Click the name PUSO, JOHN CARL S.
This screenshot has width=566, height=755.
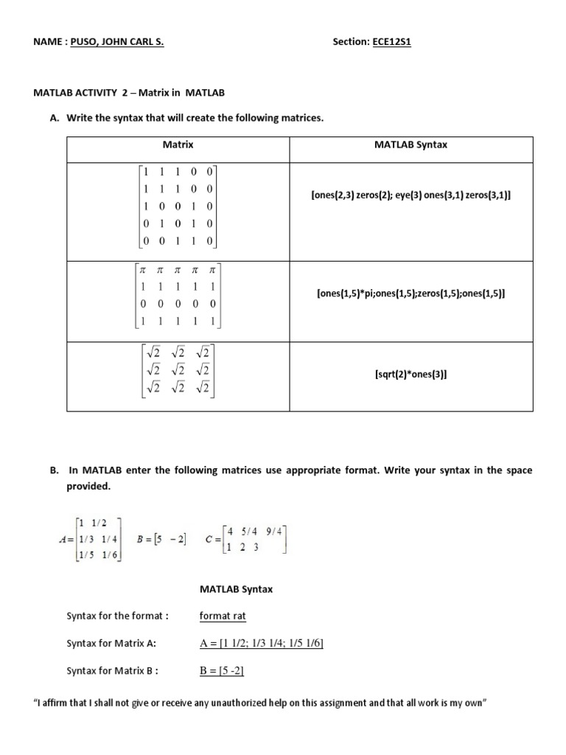tap(116, 42)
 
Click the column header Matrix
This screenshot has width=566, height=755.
tap(178, 145)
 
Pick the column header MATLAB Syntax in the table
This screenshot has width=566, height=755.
tap(410, 145)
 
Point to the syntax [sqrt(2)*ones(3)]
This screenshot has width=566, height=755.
tap(410, 375)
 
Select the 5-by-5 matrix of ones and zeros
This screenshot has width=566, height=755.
tap(178, 207)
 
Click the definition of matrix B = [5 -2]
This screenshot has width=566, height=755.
tap(161, 539)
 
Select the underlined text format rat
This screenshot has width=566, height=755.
tap(223, 616)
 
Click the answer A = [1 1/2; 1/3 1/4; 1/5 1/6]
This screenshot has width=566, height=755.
tap(262, 644)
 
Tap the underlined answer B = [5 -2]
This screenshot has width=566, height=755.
tap(222, 670)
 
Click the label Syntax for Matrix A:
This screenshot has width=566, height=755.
tap(111, 644)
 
